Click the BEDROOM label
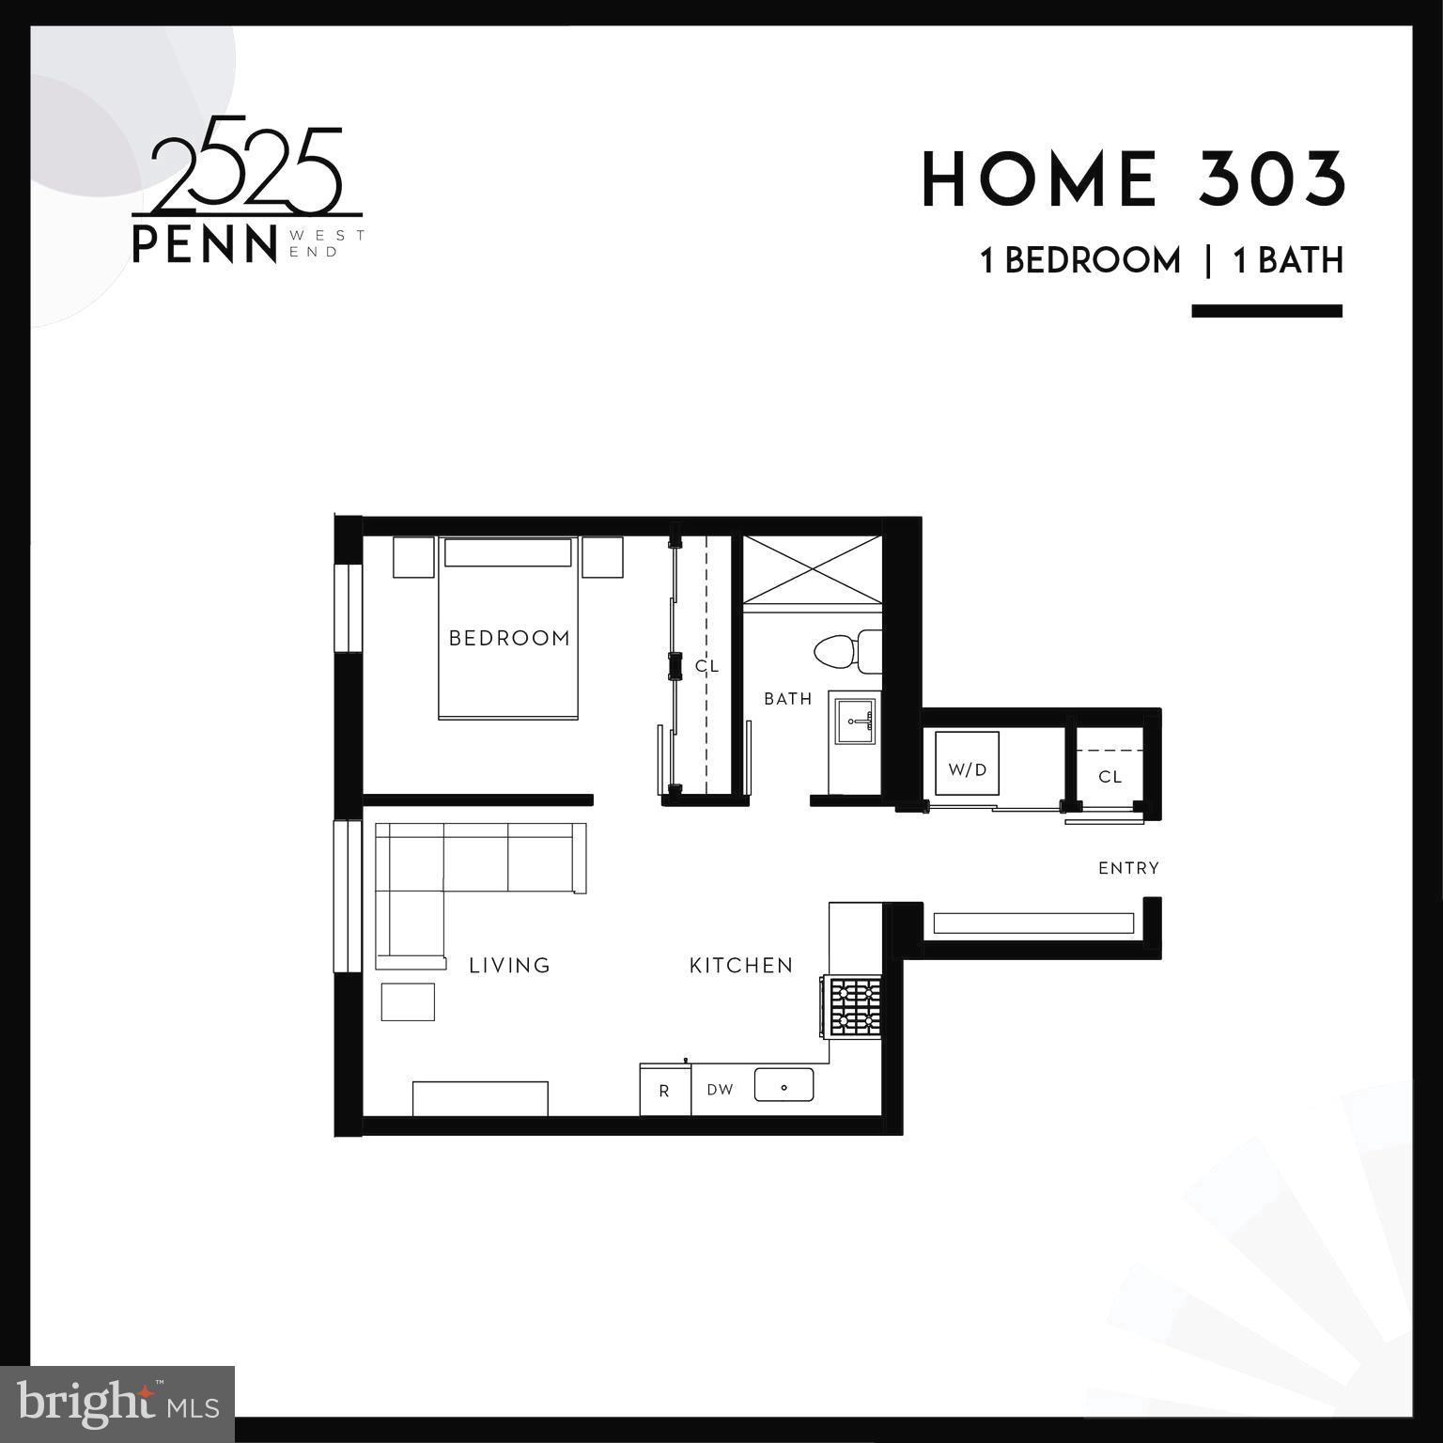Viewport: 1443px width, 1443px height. pyautogui.click(x=509, y=638)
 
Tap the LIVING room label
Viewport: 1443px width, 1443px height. pyautogui.click(x=509, y=965)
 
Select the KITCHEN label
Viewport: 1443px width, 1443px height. pyautogui.click(x=741, y=965)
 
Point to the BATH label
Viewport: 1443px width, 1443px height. pyautogui.click(x=787, y=699)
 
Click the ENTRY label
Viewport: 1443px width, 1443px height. pyautogui.click(x=1128, y=868)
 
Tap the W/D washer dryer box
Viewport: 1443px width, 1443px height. pyautogui.click(x=967, y=763)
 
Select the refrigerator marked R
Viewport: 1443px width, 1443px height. pyautogui.click(x=664, y=1091)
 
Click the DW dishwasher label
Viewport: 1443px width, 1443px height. pyautogui.click(x=720, y=1090)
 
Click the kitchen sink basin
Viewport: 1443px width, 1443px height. pyautogui.click(x=784, y=1085)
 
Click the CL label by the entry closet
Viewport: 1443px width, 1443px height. pyautogui.click(x=1109, y=777)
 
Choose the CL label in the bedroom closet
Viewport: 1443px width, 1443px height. pyautogui.click(x=706, y=666)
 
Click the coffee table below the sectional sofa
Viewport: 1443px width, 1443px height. pyautogui.click(x=408, y=1001)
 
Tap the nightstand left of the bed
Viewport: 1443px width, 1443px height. pyautogui.click(x=413, y=557)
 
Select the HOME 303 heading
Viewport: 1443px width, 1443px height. pyautogui.click(x=1133, y=179)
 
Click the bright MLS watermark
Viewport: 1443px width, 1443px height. pyautogui.click(x=117, y=1404)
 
